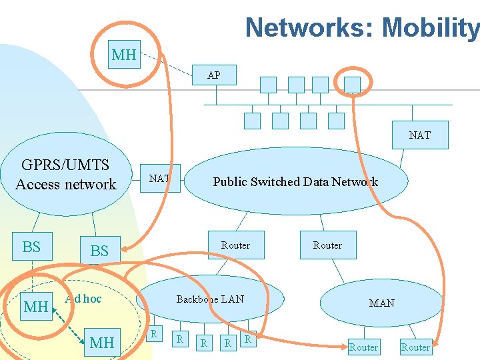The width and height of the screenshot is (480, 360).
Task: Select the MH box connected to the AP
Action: click(x=123, y=55)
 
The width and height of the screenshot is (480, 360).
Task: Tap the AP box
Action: click(x=213, y=75)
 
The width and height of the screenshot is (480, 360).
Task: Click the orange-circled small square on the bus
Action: click(x=352, y=84)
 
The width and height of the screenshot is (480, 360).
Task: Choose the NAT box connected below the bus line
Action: click(x=419, y=135)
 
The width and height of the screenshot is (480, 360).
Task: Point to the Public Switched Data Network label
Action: click(x=295, y=182)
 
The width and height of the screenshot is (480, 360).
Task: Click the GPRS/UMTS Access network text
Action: click(x=65, y=175)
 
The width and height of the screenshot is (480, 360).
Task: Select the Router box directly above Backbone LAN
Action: click(x=235, y=245)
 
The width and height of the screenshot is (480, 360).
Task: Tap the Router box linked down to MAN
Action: click(x=327, y=245)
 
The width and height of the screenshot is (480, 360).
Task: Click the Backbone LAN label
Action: click(x=210, y=299)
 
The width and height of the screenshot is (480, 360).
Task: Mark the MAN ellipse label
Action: click(x=381, y=303)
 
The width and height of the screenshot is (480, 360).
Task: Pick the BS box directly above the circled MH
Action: click(x=31, y=247)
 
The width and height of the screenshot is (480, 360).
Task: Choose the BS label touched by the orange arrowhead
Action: click(x=99, y=251)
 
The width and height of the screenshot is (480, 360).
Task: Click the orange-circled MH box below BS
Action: click(x=35, y=307)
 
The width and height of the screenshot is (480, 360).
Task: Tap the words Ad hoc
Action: click(x=83, y=299)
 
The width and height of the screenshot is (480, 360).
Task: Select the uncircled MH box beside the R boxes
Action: click(x=101, y=343)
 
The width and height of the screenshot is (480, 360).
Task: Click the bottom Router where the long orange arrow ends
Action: click(x=415, y=347)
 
